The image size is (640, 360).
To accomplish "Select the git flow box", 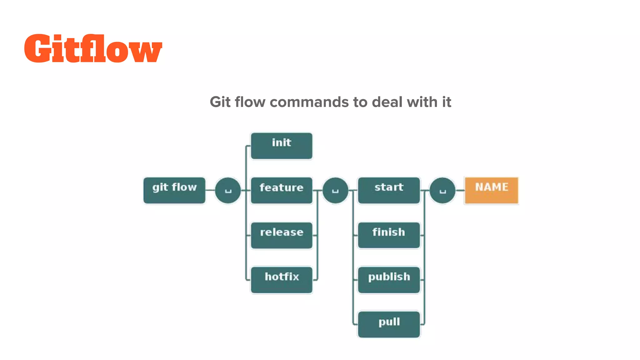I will (174, 190).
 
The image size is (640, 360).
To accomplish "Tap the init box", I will (282, 146).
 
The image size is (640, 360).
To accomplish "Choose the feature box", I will (282, 190).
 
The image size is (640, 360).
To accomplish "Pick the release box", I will (282, 235).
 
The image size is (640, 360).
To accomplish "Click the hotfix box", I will (282, 280).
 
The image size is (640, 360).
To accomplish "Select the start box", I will (389, 190).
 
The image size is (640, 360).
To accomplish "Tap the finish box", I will (389, 235).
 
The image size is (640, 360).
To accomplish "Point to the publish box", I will (389, 280).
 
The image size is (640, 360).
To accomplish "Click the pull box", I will (389, 324).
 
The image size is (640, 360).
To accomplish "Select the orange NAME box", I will (491, 190).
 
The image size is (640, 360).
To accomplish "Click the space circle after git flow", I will (228, 190).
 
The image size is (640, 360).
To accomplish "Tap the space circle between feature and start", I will (335, 190).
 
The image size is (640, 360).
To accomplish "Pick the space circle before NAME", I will (442, 190).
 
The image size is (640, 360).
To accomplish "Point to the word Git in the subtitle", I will (220, 102).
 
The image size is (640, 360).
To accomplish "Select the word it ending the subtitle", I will (447, 102).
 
